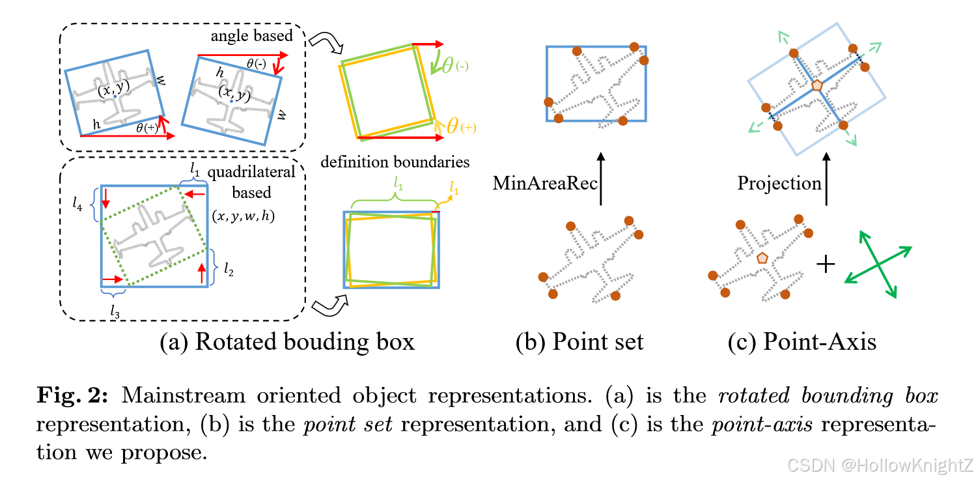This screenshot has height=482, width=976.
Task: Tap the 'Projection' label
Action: coord(779,183)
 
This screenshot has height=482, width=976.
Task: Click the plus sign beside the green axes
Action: coord(825,265)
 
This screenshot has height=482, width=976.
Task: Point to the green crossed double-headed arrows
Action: coord(878,264)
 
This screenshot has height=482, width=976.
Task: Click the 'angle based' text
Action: coord(253,36)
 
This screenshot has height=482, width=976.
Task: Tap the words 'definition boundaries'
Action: coord(394,161)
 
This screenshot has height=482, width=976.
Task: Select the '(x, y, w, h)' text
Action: coord(243,216)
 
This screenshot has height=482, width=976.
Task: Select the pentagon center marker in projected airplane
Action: coord(816,85)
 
